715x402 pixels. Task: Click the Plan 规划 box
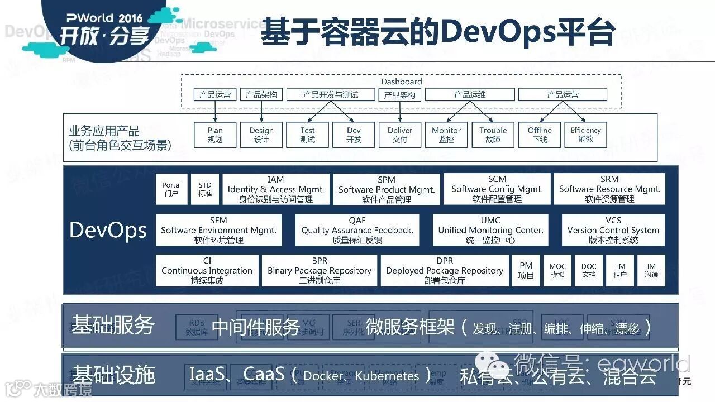click(x=215, y=135)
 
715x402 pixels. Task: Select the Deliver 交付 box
click(x=400, y=135)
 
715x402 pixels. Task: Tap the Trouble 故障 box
click(x=493, y=135)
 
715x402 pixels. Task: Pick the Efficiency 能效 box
click(x=585, y=135)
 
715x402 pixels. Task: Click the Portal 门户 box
click(x=171, y=189)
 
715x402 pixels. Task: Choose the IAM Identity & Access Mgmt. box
click(x=275, y=189)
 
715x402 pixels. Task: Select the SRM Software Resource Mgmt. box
click(x=609, y=189)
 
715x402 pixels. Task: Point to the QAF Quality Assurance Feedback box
click(x=357, y=230)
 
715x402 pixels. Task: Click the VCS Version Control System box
click(x=613, y=230)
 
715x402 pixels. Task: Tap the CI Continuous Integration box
click(x=207, y=271)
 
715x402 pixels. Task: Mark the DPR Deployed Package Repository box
click(x=445, y=271)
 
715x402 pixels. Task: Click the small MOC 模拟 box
click(x=557, y=271)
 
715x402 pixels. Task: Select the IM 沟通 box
click(x=651, y=271)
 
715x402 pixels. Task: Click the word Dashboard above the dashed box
click(x=401, y=82)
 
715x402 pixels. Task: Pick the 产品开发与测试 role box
click(x=331, y=95)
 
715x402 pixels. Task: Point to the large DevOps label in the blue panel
click(x=108, y=230)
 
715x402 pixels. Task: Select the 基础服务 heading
click(x=113, y=325)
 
